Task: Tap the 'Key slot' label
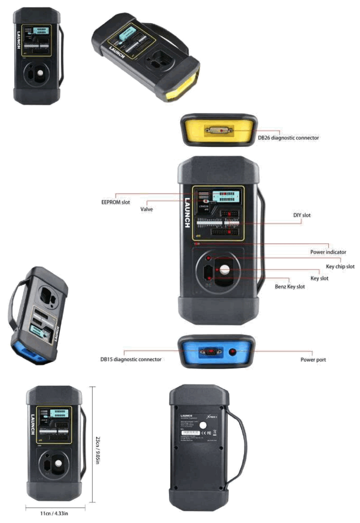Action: [x=332, y=278]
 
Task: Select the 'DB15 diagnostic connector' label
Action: [x=131, y=359]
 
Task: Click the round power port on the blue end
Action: [x=232, y=352]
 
